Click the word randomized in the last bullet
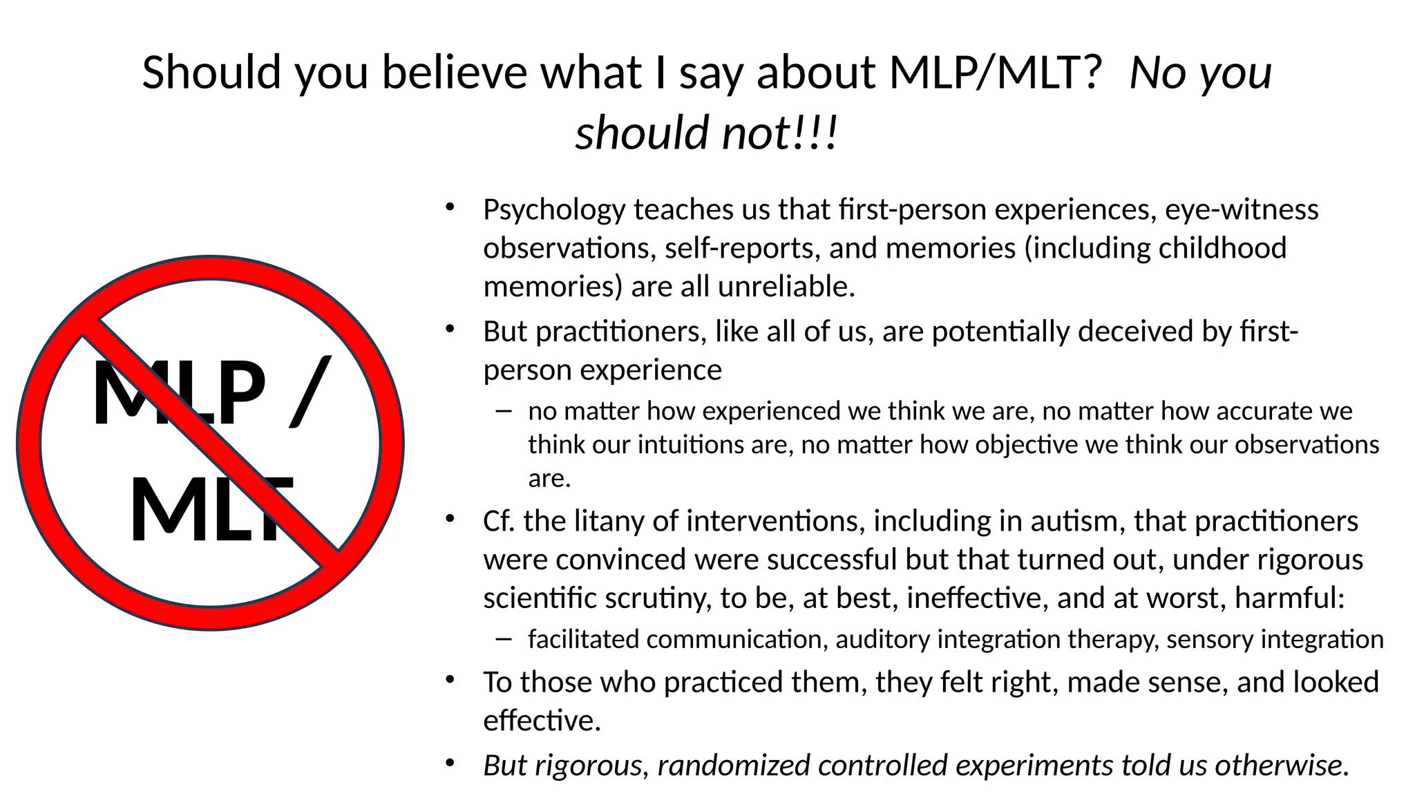(x=734, y=766)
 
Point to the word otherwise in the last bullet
(x=1280, y=766)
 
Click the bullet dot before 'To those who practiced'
(x=450, y=680)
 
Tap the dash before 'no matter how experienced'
(x=504, y=411)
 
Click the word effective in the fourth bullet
(x=541, y=721)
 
